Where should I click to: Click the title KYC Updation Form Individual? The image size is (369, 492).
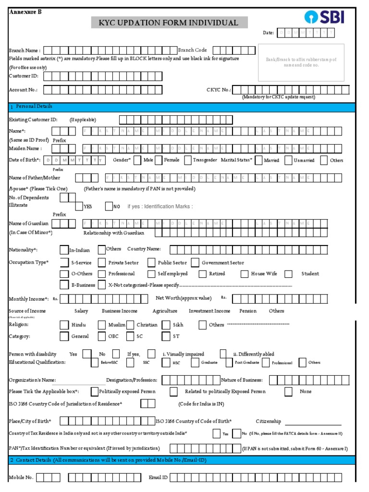pos(169,23)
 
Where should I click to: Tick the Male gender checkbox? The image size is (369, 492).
pos(137,160)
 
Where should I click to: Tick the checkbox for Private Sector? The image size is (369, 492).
pos(101,262)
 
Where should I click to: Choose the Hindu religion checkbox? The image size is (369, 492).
pos(64,325)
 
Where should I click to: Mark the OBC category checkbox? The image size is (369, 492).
pos(101,336)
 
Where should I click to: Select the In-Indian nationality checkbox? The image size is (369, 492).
pos(64,249)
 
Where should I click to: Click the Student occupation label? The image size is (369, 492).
pos(310,274)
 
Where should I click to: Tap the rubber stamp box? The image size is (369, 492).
pos(301,62)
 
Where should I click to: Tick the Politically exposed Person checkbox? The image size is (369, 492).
pos(95,391)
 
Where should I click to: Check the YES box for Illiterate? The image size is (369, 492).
pos(79,206)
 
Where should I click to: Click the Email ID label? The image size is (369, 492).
pos(158,478)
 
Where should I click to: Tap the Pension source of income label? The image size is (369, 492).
pos(248,311)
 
